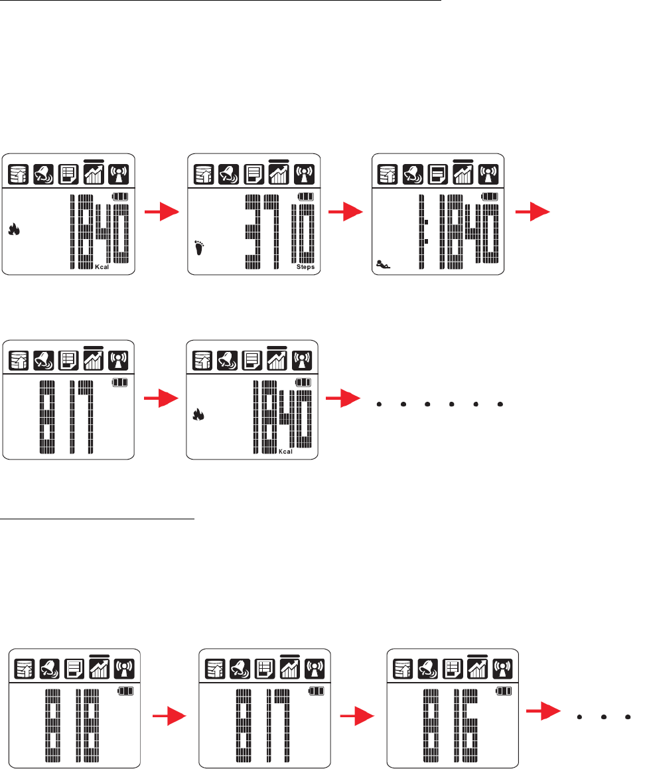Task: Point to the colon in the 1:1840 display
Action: click(x=427, y=230)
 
